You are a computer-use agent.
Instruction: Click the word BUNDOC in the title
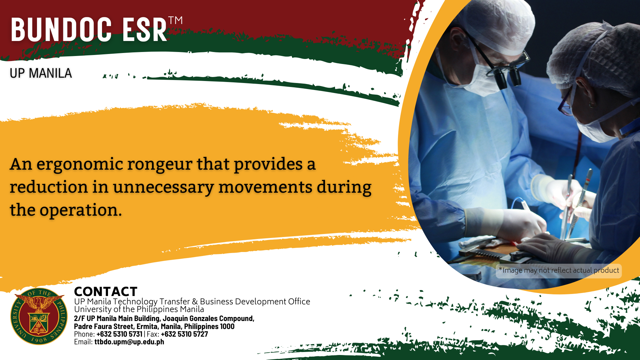click(x=61, y=30)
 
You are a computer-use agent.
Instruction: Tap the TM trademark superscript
click(x=175, y=20)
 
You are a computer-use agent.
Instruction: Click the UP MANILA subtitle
click(x=41, y=73)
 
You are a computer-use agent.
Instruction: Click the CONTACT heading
click(x=106, y=291)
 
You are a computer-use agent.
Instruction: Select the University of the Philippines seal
click(x=39, y=316)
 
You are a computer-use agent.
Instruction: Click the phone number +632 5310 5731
click(x=119, y=334)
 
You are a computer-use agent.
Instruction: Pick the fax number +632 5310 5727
click(x=184, y=334)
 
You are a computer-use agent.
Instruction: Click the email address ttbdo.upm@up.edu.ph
click(x=129, y=342)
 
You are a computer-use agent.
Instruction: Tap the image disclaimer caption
click(x=559, y=270)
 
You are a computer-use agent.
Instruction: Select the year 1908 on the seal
click(x=39, y=340)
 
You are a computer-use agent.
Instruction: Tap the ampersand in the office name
click(x=195, y=302)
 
